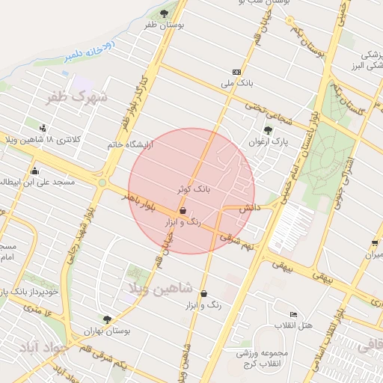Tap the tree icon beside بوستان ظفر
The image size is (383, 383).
click(165, 13)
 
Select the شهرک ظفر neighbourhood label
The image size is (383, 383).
click(76, 97)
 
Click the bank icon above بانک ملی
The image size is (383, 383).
click(237, 71)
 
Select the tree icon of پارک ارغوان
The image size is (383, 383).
click(268, 129)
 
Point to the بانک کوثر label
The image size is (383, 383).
click(192, 191)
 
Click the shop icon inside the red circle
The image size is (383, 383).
click(183, 212)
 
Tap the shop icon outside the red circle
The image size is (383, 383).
click(204, 294)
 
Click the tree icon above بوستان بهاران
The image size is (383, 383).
click(108, 319)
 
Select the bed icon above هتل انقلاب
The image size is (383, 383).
click(293, 314)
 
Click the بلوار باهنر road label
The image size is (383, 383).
click(141, 198)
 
